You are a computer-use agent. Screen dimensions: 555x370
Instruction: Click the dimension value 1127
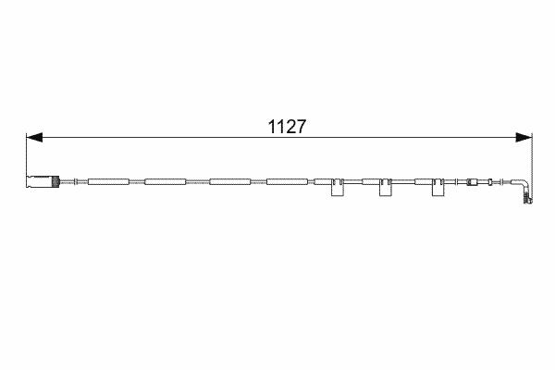pyautogui.click(x=287, y=127)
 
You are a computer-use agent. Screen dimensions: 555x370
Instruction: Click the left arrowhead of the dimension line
pyautogui.click(x=34, y=138)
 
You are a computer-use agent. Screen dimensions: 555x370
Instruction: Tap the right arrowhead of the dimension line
pyautogui.click(x=524, y=138)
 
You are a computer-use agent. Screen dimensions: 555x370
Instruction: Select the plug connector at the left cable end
pyautogui.click(x=43, y=181)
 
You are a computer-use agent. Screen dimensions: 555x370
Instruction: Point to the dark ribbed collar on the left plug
pyautogui.click(x=55, y=181)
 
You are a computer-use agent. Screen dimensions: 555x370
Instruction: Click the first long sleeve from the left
pyautogui.click(x=108, y=181)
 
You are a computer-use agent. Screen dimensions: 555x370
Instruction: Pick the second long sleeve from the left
pyautogui.click(x=166, y=181)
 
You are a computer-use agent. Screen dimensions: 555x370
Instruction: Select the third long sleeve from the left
pyautogui.click(x=230, y=181)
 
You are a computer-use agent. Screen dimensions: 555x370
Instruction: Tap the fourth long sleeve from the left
pyautogui.click(x=287, y=181)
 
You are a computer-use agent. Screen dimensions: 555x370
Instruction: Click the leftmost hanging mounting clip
pyautogui.click(x=338, y=187)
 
